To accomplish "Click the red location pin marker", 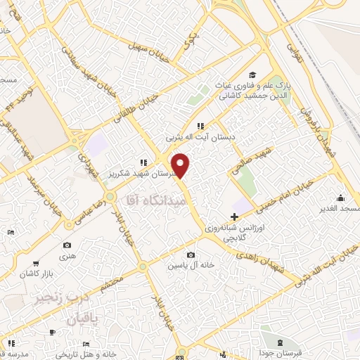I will click(x=181, y=165).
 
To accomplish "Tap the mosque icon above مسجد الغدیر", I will click(x=341, y=198).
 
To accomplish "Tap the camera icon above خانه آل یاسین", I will click(x=191, y=255).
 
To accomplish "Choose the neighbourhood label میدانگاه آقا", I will click(x=155, y=200).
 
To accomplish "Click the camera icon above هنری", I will click(x=67, y=245).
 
